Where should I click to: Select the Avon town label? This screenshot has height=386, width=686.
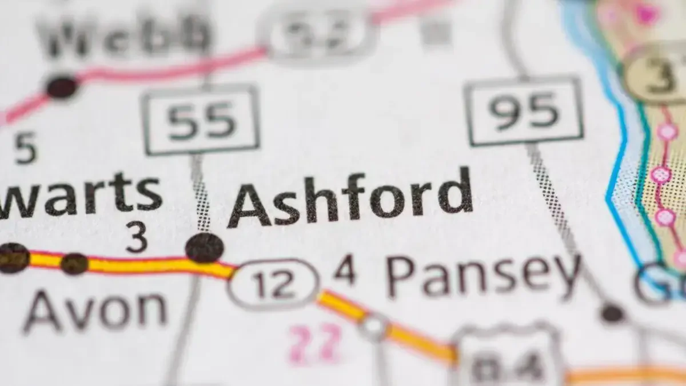(94, 312)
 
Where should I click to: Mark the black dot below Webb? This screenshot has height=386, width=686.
(62, 87)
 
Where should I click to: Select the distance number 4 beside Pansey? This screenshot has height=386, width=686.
(345, 270)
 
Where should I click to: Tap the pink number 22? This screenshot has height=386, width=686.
(315, 344)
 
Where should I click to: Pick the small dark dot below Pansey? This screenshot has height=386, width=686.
(612, 313)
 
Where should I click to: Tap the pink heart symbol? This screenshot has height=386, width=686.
(646, 13)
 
